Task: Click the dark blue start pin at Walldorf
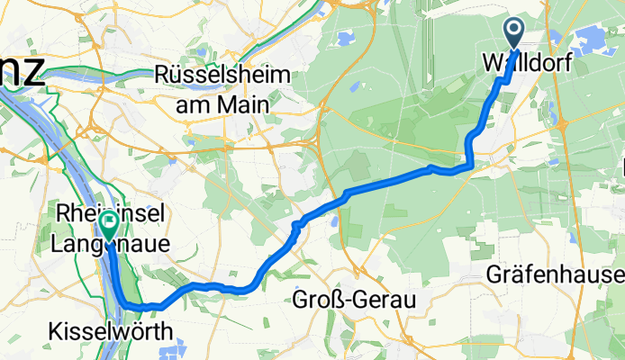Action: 514,33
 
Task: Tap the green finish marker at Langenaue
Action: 110,221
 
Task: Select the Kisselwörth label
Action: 109,331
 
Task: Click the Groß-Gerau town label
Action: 354,301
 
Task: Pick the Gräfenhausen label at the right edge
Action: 554,274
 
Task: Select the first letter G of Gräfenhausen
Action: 493,274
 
